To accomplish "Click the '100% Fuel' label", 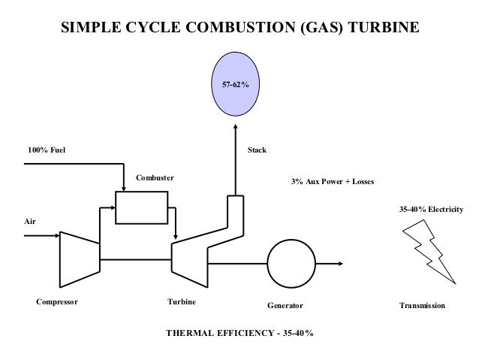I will click(x=47, y=150).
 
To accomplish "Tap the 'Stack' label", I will click(x=257, y=150).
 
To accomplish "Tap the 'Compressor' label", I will click(x=57, y=302).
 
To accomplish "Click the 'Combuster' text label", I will click(x=155, y=178).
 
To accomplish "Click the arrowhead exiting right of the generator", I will click(x=341, y=263).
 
